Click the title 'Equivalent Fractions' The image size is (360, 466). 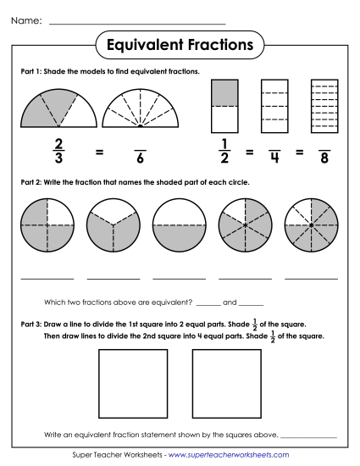(x=180, y=42)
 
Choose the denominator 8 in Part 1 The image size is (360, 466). (x=324, y=158)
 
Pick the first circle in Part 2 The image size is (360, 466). (x=47, y=225)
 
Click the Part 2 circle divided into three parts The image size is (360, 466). (x=113, y=225)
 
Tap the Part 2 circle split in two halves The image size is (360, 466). (x=180, y=225)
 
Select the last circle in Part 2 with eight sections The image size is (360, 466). (x=311, y=225)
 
